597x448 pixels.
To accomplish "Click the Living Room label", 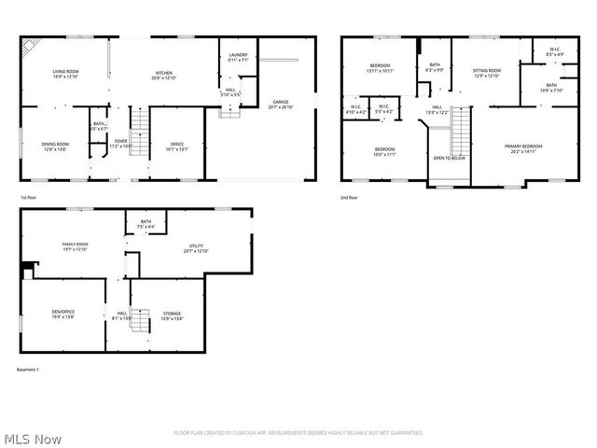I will [x=65, y=74].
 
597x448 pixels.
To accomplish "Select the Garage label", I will [x=281, y=103].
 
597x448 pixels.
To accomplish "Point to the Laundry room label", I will [x=238, y=57].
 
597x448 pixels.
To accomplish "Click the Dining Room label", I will [x=55, y=145].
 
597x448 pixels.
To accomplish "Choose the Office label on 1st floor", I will [x=176, y=145].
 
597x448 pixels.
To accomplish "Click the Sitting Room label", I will [x=487, y=72].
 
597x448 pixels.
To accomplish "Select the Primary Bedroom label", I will [x=523, y=147].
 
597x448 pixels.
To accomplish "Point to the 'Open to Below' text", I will [x=449, y=159].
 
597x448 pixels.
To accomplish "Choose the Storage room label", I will [x=172, y=315].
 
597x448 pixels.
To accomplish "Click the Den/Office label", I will [x=63, y=314].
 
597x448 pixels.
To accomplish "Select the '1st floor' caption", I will [x=29, y=198].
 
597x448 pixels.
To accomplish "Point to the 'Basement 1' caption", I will [x=28, y=370].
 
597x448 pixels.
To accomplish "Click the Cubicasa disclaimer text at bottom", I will [x=298, y=433].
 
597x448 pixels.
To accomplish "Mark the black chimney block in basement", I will [x=26, y=269].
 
